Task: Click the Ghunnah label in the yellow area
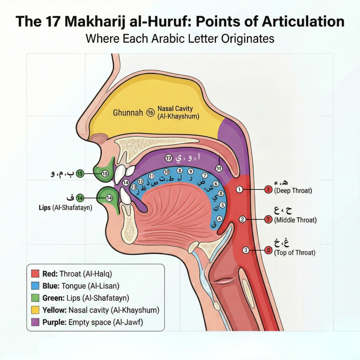pyautogui.click(x=128, y=113)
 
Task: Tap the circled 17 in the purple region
pyautogui.click(x=169, y=159)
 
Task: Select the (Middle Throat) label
pyautogui.click(x=295, y=220)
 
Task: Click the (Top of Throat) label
pyautogui.click(x=295, y=252)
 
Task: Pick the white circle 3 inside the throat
pyautogui.click(x=246, y=250)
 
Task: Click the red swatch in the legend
pyautogui.click(x=35, y=273)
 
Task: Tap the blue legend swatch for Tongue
pyautogui.click(x=35, y=285)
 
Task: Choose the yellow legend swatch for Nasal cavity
pyautogui.click(x=35, y=310)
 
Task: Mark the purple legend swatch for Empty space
pyautogui.click(x=35, y=322)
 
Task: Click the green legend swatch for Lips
pyautogui.click(x=35, y=298)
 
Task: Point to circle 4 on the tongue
pyautogui.click(x=219, y=218)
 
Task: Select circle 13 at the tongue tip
pyautogui.click(x=134, y=187)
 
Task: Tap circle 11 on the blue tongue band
pyautogui.click(x=152, y=176)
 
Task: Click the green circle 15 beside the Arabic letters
pyautogui.click(x=80, y=173)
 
